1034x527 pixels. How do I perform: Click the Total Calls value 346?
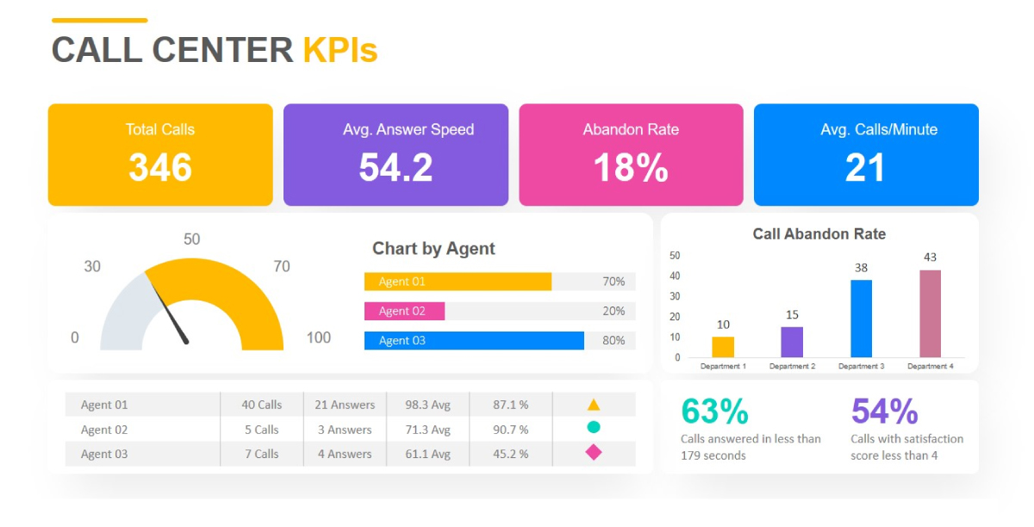coord(160,167)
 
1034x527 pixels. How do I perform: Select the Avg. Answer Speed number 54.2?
coord(396,167)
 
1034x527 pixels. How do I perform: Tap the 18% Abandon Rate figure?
coord(631,167)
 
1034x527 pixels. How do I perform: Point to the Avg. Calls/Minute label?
coord(878,130)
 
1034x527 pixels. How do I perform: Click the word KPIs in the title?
coord(340,50)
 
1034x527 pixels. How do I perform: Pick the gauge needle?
coord(171,313)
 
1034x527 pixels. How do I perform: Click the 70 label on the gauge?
coord(282,266)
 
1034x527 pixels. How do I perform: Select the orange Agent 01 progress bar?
coord(458,282)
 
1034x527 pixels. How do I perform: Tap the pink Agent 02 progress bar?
coord(404,311)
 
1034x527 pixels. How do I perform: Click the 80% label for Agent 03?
coord(614,340)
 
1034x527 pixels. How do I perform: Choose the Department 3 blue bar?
coord(861,319)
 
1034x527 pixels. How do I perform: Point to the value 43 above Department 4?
coord(930,257)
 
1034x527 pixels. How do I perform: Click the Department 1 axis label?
coord(723,367)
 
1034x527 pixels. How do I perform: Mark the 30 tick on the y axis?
coord(675,296)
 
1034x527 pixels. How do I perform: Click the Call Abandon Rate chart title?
coord(819,234)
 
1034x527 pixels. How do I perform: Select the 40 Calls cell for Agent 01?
coord(261,405)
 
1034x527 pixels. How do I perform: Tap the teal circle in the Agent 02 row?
coord(593,427)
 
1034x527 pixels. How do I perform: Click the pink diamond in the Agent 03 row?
coord(593,452)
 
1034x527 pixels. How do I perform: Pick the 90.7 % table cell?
coord(511,429)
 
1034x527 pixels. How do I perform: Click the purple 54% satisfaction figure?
coord(884,412)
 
